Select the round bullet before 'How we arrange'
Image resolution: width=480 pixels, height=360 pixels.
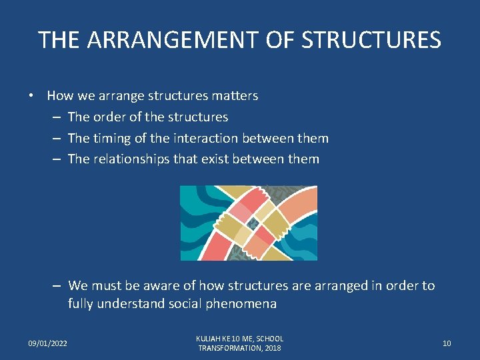31,95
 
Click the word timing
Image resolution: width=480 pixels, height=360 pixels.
113,138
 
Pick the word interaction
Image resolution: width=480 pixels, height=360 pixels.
205,138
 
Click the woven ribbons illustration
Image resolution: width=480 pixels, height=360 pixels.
249,223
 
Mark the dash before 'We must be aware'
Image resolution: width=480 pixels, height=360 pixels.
57,285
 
